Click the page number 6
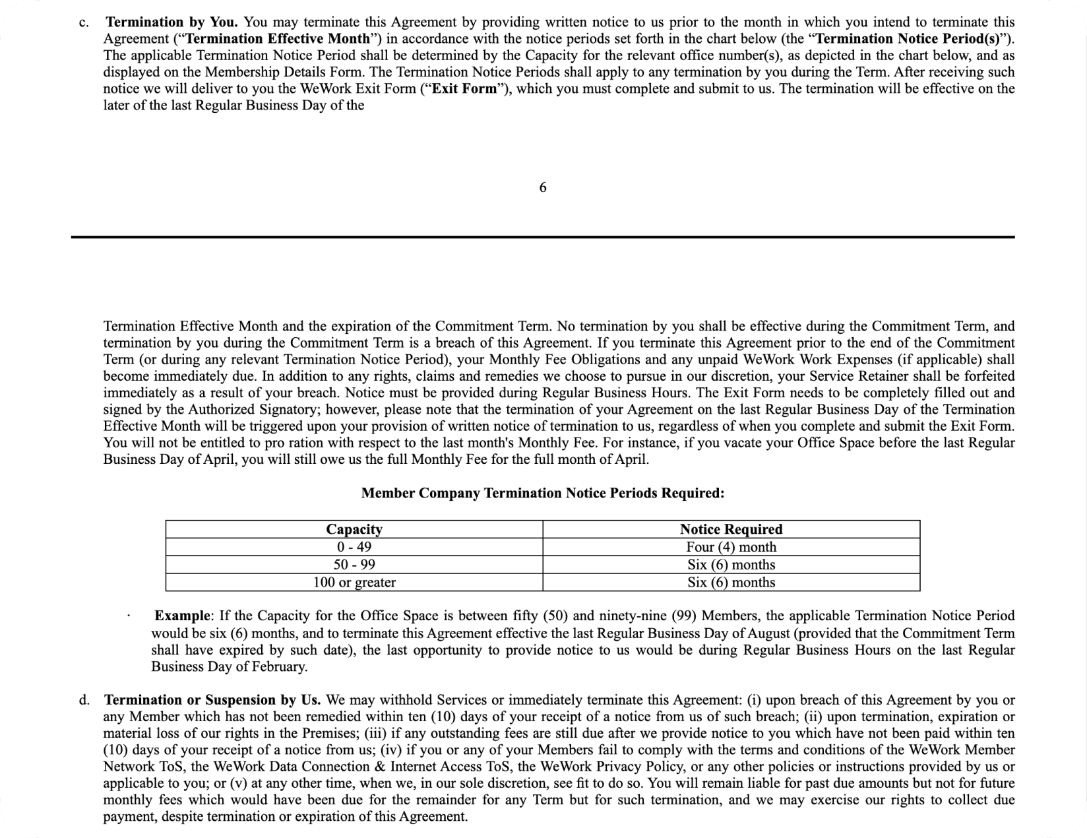pyautogui.click(x=542, y=188)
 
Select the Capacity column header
pyautogui.click(x=354, y=529)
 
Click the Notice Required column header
pyautogui.click(x=731, y=529)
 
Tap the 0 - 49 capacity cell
pyautogui.click(x=354, y=547)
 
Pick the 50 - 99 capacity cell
pyautogui.click(x=354, y=565)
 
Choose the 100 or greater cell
pyautogui.click(x=354, y=583)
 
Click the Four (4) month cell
pyautogui.click(x=731, y=547)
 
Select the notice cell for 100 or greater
pyautogui.click(x=731, y=583)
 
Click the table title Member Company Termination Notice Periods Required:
pyautogui.click(x=542, y=494)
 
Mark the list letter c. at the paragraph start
pyautogui.click(x=82, y=22)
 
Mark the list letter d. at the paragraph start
pyautogui.click(x=84, y=699)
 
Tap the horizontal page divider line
pyautogui.click(x=542, y=237)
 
